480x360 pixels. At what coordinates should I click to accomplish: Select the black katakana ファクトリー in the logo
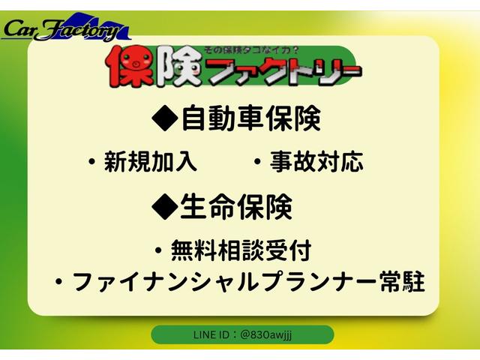click(284, 73)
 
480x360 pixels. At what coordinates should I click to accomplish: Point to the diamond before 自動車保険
click(163, 118)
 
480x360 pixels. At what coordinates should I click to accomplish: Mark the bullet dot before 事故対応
click(257, 162)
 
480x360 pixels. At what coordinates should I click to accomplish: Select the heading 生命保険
click(235, 206)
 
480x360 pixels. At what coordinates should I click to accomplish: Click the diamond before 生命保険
click(163, 207)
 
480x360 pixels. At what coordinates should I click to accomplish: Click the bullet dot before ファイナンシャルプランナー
click(58, 283)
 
